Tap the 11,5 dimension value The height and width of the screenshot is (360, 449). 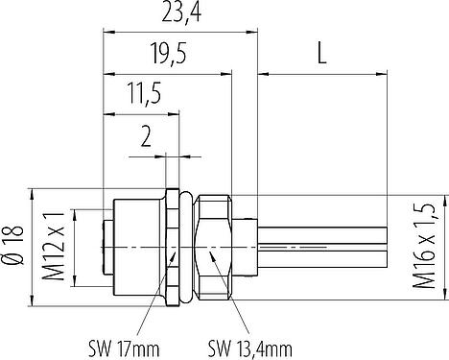pos(144,94)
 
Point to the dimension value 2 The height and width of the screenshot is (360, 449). pos(146,137)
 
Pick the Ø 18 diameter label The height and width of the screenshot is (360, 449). pos(13,245)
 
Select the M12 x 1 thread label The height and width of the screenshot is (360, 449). pos(54,247)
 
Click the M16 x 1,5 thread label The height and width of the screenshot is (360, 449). pos(424,247)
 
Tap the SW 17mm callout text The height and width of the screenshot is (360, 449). pos(124,348)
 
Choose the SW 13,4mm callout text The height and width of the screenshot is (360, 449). pos(249,348)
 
